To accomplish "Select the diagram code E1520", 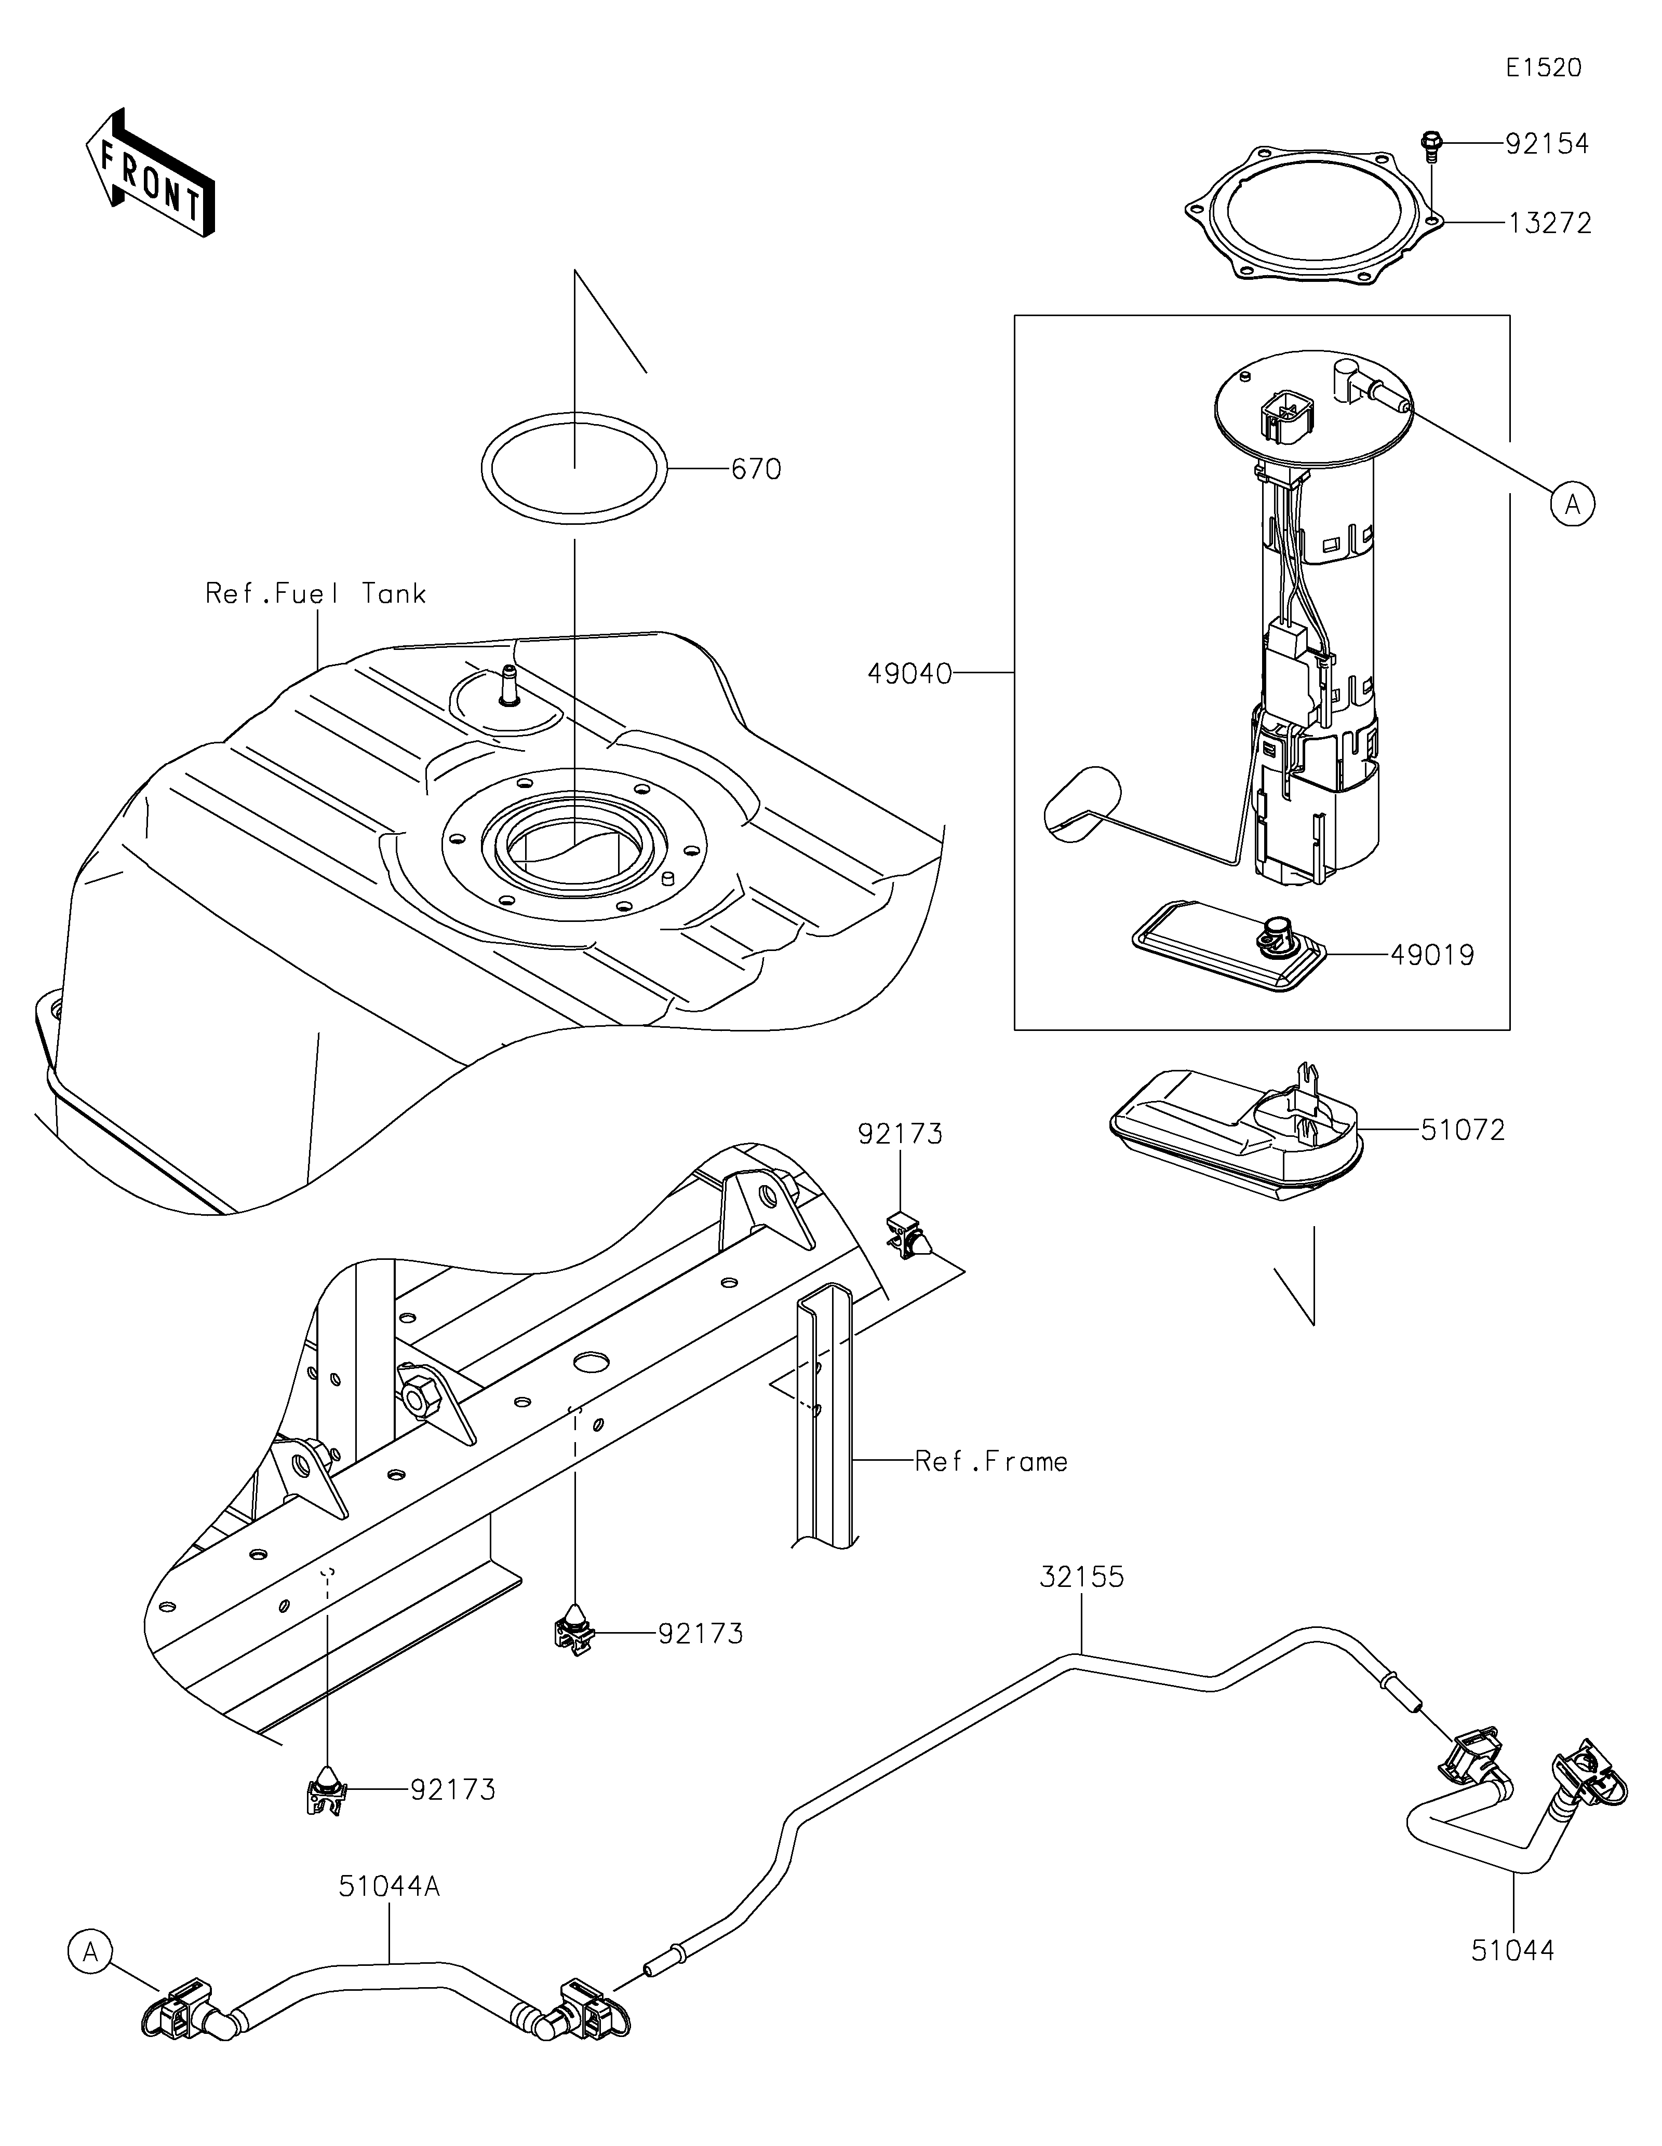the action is (1543, 68).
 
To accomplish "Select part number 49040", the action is (909, 673).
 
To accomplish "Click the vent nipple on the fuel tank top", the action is (509, 685).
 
